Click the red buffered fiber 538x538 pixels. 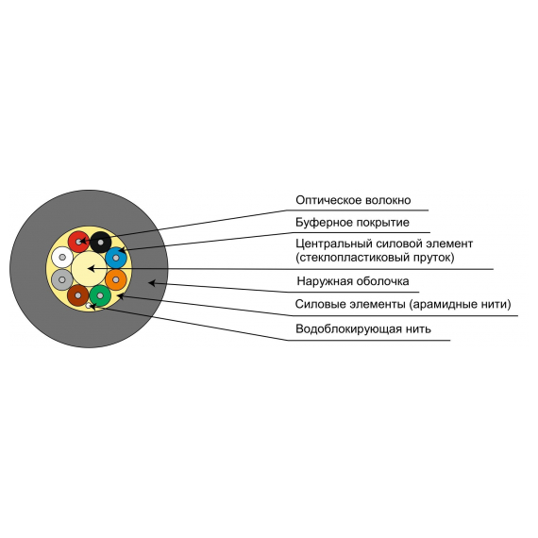pos(78,242)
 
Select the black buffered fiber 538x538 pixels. pos(101,243)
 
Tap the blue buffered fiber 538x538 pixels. pos(116,258)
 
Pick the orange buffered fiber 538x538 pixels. pos(116,280)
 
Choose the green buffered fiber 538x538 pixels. pos(100,295)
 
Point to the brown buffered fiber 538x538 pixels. pos(78,295)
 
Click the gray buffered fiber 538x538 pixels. pos(62,280)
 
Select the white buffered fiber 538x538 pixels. pos(62,258)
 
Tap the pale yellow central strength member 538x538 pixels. pos(89,269)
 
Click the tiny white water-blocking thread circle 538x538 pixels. pos(89,306)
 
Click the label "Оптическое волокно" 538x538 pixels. pos(353,200)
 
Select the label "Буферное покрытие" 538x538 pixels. pos(352,223)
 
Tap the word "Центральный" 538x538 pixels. pos(334,244)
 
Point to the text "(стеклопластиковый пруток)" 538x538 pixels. pos(375,258)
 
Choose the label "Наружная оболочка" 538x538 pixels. pos(353,281)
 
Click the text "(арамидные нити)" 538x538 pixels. pos(460,304)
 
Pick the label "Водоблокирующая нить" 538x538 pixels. pos(363,328)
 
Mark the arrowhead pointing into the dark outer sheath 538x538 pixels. pos(152,283)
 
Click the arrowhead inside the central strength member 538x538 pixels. pos(92,269)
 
